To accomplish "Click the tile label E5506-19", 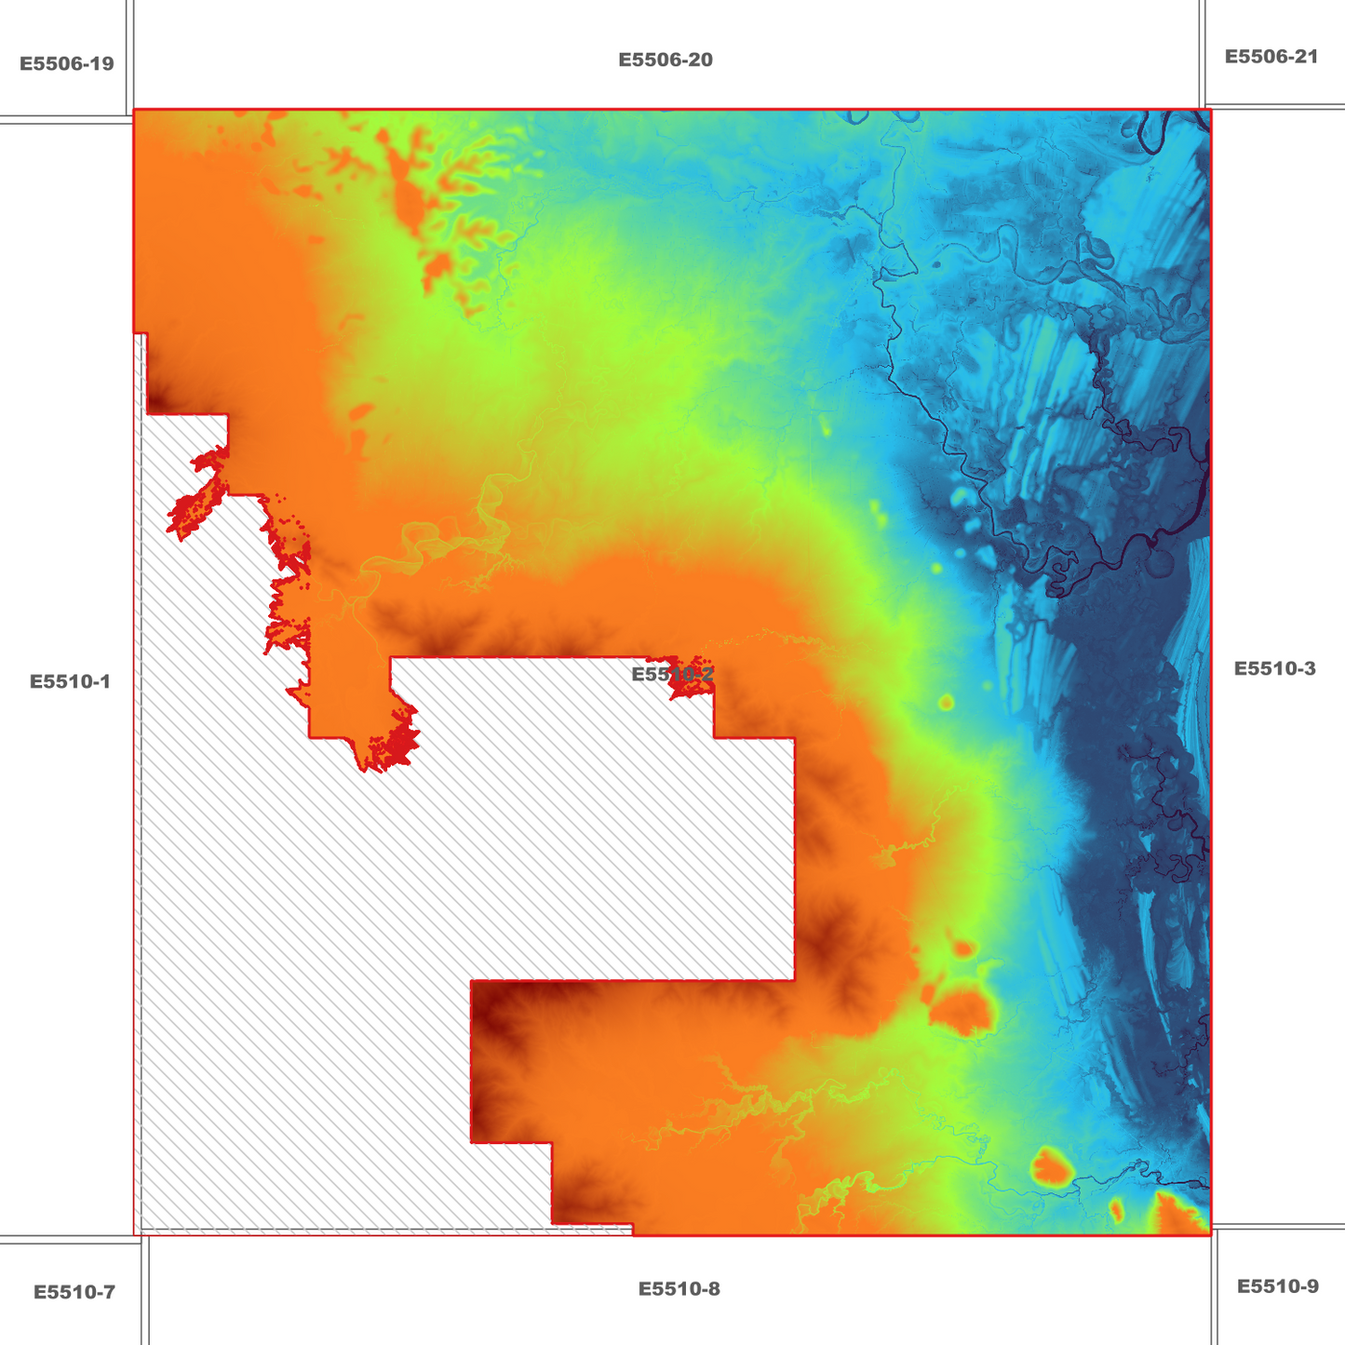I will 67,63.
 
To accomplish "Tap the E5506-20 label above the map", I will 666,60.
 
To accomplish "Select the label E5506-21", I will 1271,57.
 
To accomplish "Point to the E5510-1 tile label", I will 70,681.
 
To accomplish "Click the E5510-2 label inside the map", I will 672,674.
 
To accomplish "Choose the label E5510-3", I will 1274,668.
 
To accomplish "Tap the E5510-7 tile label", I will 74,1292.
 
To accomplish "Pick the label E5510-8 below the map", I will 679,1289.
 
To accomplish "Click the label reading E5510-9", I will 1277,1286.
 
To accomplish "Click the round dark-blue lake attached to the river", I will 1160,562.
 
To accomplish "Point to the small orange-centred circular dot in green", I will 947,702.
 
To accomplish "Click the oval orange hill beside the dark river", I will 1050,1165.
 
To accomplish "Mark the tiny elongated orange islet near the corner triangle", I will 1116,1210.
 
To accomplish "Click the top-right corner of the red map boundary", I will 1210,110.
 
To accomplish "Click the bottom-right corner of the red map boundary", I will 1210,1235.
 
